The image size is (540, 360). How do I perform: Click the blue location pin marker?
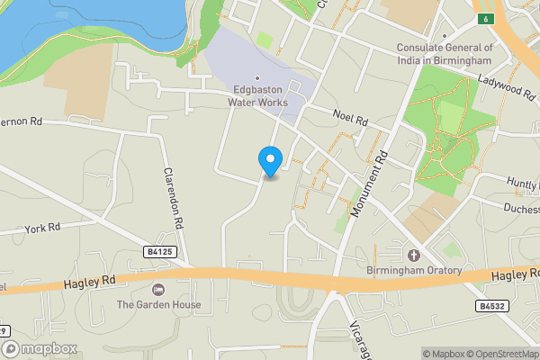tap(270, 161)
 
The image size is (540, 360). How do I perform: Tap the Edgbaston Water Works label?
tap(260, 96)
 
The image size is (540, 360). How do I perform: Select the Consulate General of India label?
tap(445, 54)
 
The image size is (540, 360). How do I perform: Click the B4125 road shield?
tap(158, 253)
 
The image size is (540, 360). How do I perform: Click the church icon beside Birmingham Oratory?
tap(414, 255)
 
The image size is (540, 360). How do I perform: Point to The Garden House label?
tap(158, 304)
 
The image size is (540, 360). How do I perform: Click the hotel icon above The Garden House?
tap(158, 289)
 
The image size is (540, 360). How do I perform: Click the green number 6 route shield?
tap(485, 19)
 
